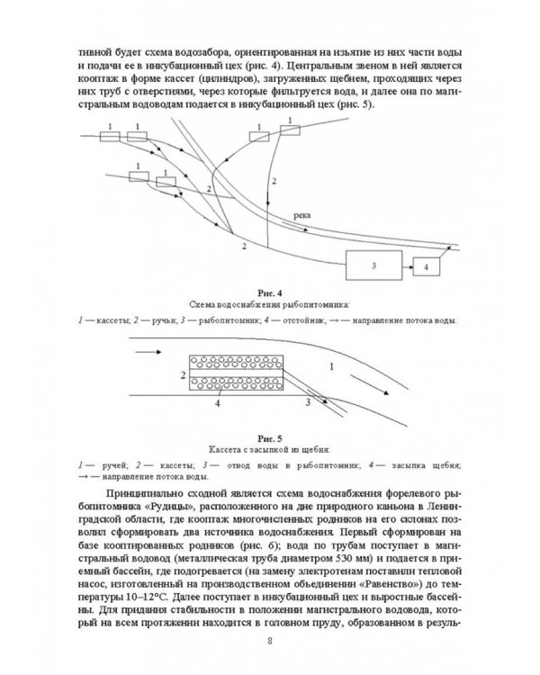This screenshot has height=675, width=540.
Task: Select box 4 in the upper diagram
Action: (427, 266)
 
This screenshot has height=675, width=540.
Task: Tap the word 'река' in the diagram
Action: (304, 217)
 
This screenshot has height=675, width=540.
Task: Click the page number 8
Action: (270, 641)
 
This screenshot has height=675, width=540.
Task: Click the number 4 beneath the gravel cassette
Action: (220, 405)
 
